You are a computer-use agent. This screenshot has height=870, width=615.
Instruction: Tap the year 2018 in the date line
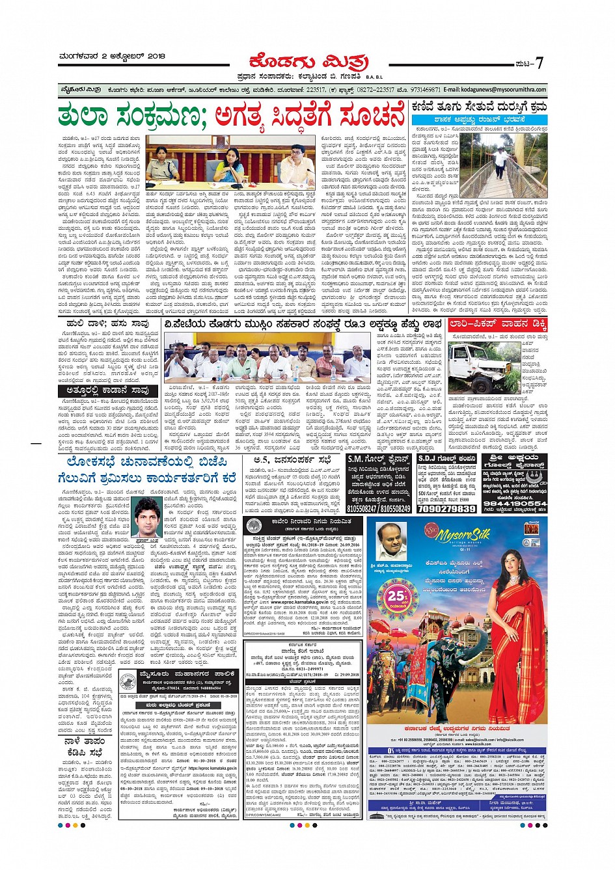pyautogui.click(x=156, y=57)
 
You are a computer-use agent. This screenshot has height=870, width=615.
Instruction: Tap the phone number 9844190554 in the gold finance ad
pyautogui.click(x=515, y=503)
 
